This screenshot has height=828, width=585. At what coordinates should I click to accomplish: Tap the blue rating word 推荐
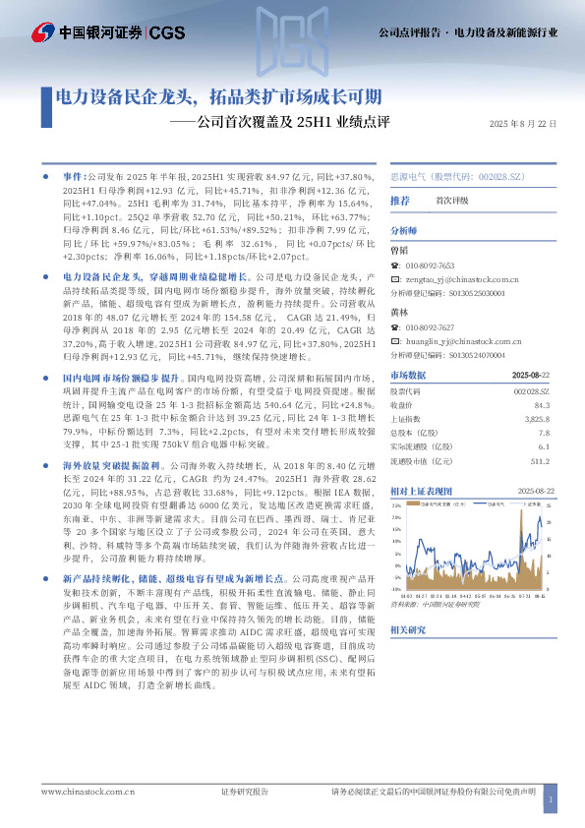[x=400, y=201]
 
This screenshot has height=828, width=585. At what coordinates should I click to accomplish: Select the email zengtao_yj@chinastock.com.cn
[x=449, y=279]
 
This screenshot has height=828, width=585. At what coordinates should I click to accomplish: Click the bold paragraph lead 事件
[x=74, y=173]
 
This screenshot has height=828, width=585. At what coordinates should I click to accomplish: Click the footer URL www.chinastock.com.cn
[x=88, y=790]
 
